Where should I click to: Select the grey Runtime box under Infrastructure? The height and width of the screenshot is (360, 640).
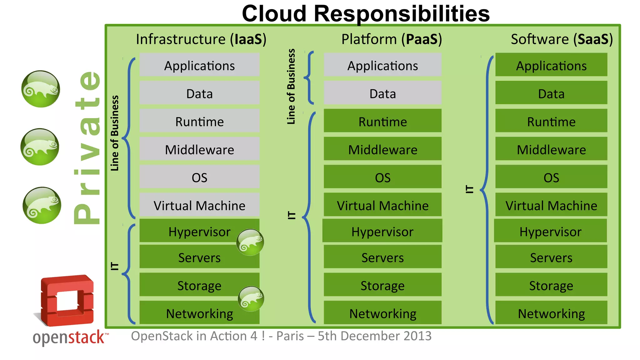199,121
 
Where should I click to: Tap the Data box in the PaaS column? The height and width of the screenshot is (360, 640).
382,93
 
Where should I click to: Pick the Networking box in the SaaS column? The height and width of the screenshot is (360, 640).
551,313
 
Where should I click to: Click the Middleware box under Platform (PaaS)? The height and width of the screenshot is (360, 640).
382,149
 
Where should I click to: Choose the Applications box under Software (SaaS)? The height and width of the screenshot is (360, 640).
551,65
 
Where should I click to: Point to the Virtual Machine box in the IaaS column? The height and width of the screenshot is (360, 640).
199,205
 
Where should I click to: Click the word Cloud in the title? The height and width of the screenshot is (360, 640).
274,14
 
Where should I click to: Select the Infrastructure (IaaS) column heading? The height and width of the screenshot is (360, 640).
201,39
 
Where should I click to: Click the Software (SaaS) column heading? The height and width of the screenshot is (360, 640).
562,39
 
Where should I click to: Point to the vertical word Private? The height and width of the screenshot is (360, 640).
87,147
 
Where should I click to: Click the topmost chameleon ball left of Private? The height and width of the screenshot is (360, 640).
41,89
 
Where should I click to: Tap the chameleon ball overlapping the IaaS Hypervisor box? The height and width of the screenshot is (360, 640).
250,242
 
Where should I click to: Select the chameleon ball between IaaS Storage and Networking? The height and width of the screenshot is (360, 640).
251,299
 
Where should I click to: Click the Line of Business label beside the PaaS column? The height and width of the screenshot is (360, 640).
291,87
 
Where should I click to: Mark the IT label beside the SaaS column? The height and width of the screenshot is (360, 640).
469,189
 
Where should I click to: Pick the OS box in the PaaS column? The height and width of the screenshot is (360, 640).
382,177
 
